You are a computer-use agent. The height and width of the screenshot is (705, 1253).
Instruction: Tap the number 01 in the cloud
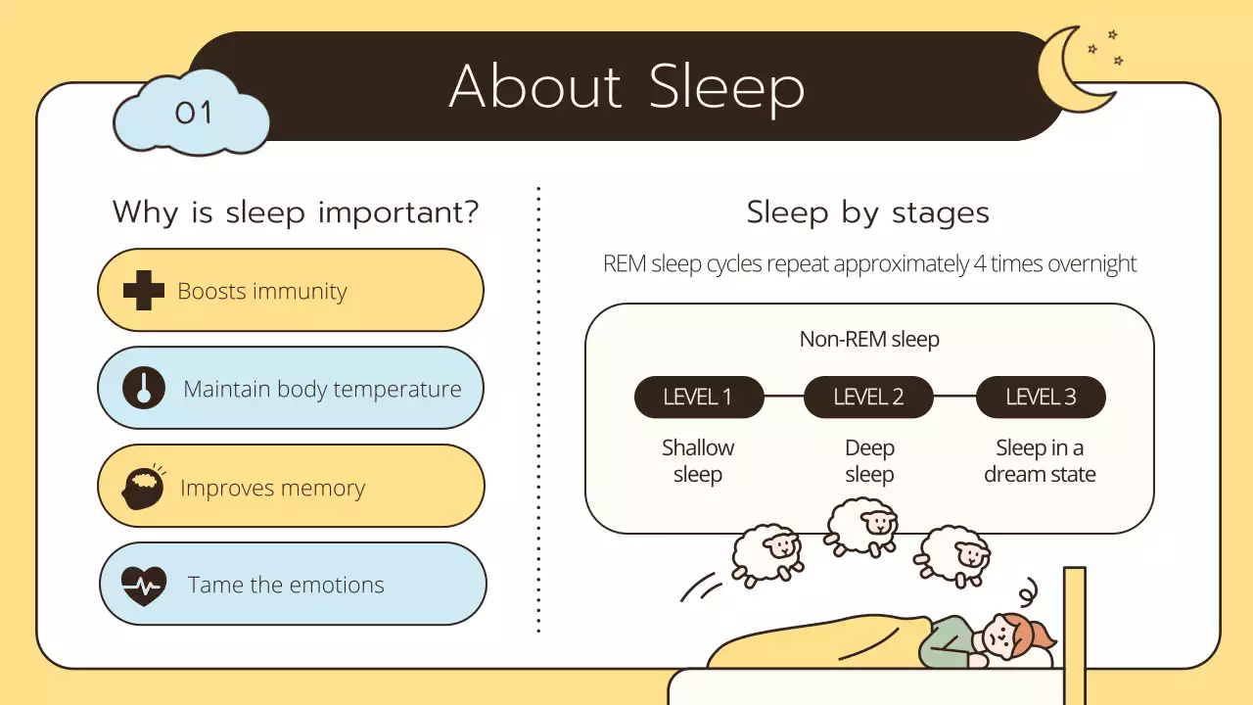193,114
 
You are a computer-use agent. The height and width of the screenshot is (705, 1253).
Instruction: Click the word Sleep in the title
726,87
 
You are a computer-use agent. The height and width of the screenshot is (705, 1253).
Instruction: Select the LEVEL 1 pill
698,397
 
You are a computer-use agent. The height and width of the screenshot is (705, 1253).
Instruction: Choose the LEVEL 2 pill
868,397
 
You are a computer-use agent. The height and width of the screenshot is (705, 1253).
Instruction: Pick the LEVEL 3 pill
1041,397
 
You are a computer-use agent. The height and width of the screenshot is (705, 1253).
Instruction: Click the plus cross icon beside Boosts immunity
143,291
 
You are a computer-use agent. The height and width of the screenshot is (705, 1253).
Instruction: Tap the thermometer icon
144,388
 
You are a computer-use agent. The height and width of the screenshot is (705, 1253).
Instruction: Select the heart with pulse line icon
144,586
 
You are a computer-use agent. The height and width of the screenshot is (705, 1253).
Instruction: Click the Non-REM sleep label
869,340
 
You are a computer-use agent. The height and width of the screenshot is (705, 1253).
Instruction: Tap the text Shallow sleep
698,461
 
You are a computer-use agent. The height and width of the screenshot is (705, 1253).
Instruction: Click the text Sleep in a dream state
1040,461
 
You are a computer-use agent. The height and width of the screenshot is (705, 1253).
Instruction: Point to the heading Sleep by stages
867,212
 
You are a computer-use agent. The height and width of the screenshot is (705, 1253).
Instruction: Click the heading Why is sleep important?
296,212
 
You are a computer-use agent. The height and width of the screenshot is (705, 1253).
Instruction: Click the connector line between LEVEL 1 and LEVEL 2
783,397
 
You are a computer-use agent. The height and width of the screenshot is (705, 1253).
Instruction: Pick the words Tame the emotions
286,586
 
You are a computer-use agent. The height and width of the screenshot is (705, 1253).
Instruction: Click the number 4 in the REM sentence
980,264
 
